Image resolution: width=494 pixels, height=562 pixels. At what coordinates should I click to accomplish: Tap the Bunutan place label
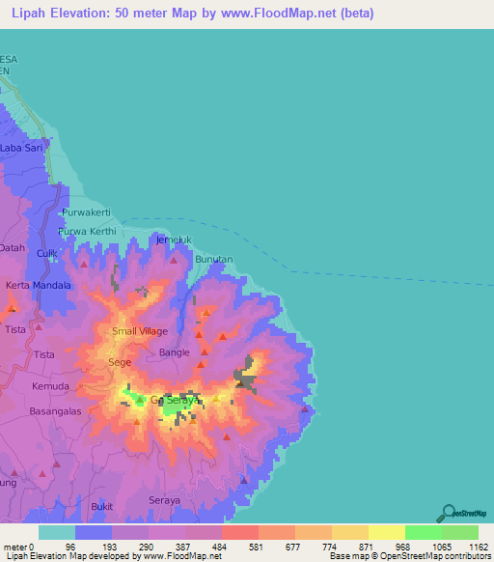coord(214,260)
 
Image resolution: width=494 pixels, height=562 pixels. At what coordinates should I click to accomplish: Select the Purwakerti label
coord(87,211)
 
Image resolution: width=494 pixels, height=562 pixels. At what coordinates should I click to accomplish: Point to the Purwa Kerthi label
coord(87,232)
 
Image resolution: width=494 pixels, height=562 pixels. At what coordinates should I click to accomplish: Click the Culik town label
coord(46,253)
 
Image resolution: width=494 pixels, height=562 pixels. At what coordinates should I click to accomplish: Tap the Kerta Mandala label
coord(40,287)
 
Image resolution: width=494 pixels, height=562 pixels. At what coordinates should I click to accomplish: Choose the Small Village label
coord(140,331)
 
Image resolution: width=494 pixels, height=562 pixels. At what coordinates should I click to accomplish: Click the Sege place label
coord(120,362)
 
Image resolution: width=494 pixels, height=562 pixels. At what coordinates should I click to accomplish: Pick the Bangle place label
coord(175,353)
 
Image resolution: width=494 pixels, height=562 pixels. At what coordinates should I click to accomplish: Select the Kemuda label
coord(49,385)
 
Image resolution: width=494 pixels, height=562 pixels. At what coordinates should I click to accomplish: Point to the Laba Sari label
coord(22,148)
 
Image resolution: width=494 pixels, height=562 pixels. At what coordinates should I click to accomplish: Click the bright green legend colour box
coord(423,532)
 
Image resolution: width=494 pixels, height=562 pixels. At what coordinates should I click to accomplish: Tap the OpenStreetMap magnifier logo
coord(451,514)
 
